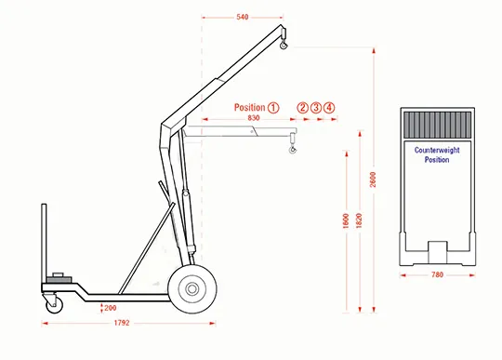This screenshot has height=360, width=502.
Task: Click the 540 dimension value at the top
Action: (x=243, y=17)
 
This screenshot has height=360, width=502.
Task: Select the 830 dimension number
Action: (x=253, y=118)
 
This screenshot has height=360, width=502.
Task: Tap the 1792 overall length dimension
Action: (x=122, y=323)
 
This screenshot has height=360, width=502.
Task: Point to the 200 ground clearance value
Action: (x=110, y=308)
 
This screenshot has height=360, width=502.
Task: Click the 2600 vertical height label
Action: (x=373, y=180)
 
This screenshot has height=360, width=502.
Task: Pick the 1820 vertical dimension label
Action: (x=359, y=220)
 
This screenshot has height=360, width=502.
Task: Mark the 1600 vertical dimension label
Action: (x=346, y=220)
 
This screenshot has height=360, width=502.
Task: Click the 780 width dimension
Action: (x=437, y=274)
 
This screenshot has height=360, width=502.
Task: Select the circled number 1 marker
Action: (x=273, y=108)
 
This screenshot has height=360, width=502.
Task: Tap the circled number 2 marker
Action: (x=302, y=108)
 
